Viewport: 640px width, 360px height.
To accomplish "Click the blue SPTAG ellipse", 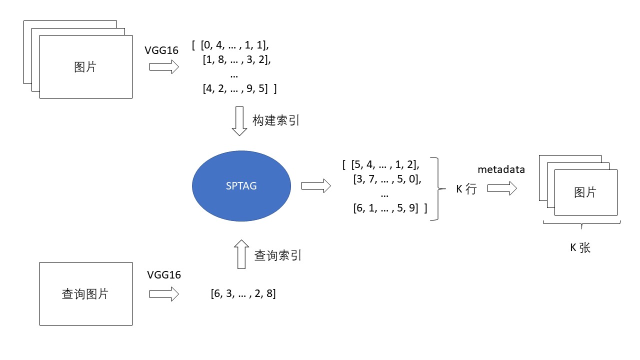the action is point(241,186).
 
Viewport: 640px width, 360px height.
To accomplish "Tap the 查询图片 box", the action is point(86,293).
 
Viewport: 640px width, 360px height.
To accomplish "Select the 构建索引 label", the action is point(275,120).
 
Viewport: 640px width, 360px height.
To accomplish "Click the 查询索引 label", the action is point(277,255).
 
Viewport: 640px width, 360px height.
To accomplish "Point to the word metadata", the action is point(501,169).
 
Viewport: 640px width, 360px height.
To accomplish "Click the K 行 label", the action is point(466,189).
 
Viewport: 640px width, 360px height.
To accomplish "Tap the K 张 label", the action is point(580,247).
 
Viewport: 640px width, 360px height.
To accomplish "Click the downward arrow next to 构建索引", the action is point(239,121).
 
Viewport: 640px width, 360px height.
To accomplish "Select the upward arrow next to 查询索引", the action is point(241,254).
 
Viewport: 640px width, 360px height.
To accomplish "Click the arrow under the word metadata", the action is point(502,188).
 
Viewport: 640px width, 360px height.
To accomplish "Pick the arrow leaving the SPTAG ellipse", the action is point(316,185).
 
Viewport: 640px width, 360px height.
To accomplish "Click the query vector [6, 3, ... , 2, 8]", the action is point(243,293).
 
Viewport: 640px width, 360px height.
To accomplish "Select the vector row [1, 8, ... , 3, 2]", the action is point(237,59).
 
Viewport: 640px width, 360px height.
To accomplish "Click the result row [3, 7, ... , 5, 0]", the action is point(387,179).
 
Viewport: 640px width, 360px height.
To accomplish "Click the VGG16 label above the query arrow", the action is point(164,275).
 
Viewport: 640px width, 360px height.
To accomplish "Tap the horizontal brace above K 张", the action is point(581,224).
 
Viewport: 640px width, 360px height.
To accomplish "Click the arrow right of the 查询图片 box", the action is point(164,294).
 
